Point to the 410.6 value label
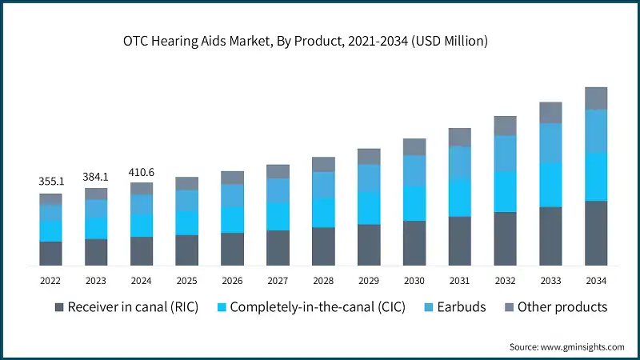(142, 172)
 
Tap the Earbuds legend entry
(454, 307)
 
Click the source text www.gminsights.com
(566, 346)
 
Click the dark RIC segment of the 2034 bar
(596, 233)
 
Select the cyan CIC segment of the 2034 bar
(596, 177)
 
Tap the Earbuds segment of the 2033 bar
(550, 143)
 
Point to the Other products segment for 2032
(505, 126)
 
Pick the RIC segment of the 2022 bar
(50, 253)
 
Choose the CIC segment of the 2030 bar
(414, 203)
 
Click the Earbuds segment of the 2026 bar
(232, 196)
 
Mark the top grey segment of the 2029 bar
(369, 156)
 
